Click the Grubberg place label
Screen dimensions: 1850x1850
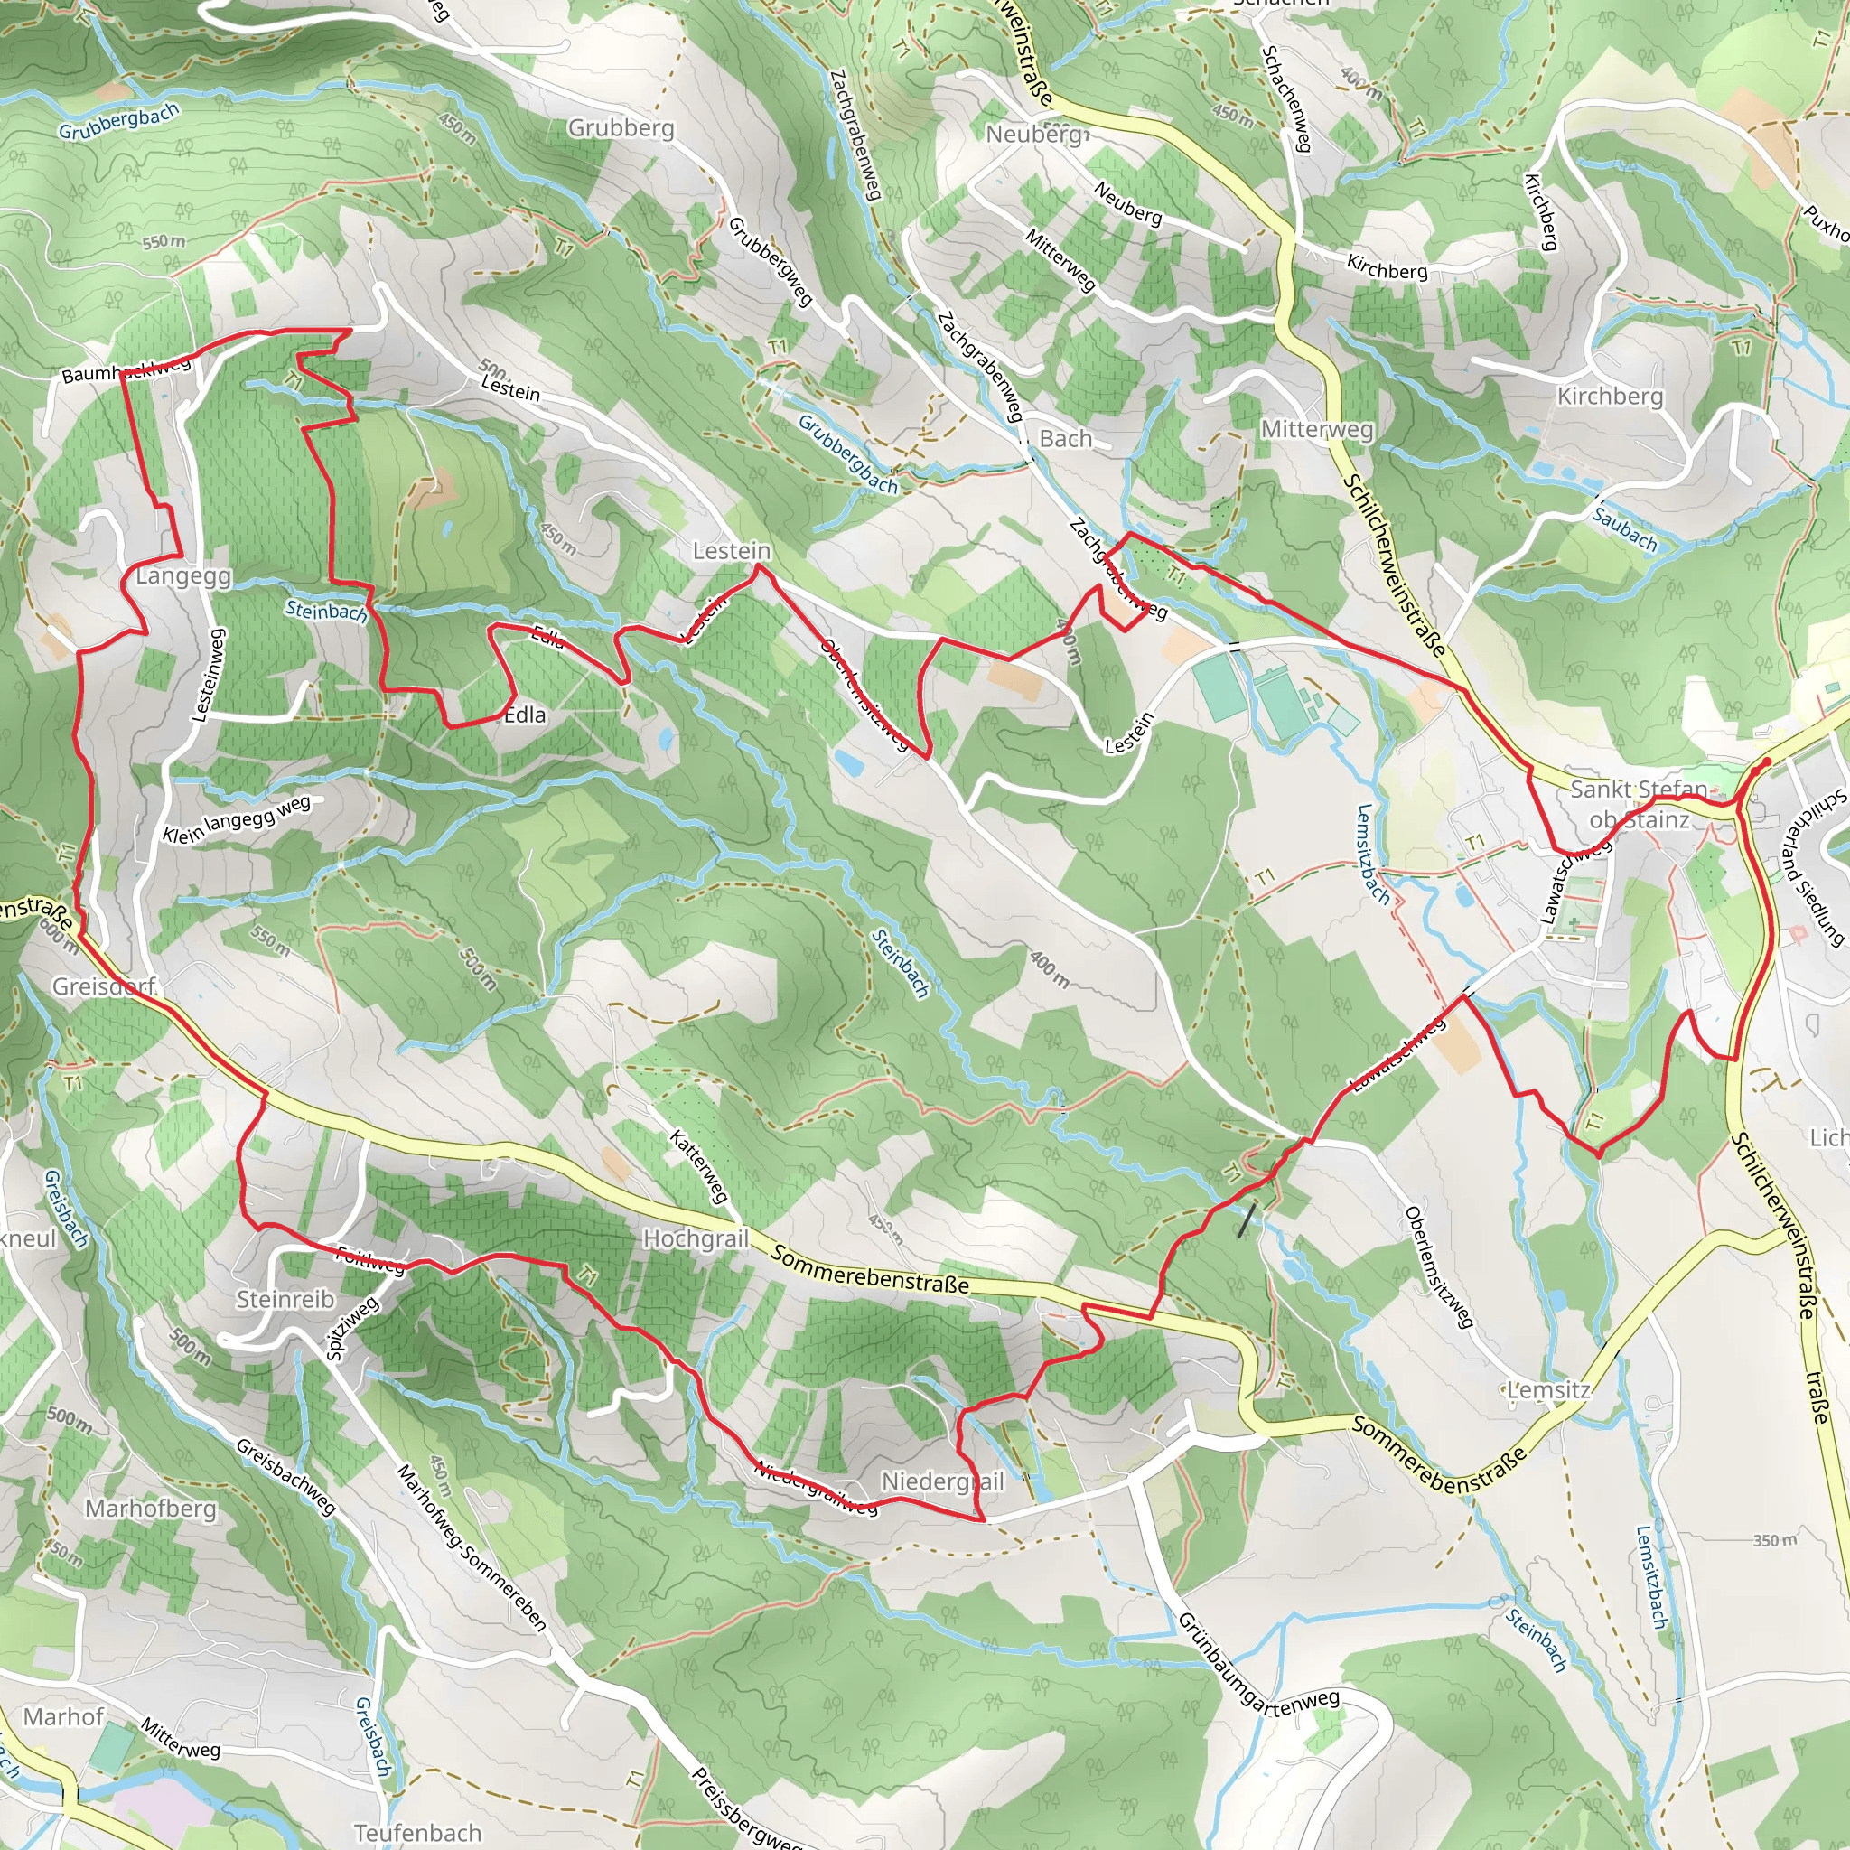click(621, 127)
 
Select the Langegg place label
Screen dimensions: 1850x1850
click(182, 575)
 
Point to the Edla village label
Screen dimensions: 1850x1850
click(525, 715)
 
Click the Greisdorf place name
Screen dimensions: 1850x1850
click(103, 986)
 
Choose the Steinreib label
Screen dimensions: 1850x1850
click(285, 1298)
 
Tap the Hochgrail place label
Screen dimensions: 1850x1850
click(696, 1238)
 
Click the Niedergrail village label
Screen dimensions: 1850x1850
click(942, 1481)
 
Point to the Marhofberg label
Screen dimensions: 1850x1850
click(150, 1509)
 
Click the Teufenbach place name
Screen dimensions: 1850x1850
click(417, 1832)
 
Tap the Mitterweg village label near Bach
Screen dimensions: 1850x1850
click(1317, 429)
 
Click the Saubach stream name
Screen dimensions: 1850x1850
click(1625, 528)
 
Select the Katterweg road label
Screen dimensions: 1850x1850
click(699, 1166)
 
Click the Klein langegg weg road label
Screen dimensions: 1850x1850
click(237, 819)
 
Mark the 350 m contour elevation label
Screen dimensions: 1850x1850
click(1774, 1540)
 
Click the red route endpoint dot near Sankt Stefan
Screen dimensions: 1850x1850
click(1766, 762)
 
